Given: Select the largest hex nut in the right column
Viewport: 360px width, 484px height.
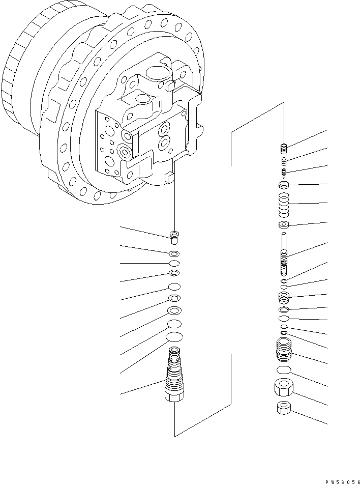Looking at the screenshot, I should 285,389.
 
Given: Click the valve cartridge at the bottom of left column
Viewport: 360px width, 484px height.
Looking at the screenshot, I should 174,379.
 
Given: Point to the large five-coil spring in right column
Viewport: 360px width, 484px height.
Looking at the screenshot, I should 285,204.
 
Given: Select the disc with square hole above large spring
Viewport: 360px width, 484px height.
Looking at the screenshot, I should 285,185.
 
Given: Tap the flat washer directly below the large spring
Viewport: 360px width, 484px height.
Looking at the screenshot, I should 285,225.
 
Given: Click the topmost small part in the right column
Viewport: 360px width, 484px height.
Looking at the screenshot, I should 285,148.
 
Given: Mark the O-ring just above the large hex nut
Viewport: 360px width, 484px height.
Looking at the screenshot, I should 285,369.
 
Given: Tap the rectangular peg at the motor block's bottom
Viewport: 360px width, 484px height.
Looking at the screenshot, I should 169,178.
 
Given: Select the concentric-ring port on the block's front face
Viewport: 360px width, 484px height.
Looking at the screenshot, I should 124,152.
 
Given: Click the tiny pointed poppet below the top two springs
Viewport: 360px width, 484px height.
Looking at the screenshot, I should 285,171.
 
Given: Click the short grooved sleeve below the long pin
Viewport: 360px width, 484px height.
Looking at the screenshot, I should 285,297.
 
